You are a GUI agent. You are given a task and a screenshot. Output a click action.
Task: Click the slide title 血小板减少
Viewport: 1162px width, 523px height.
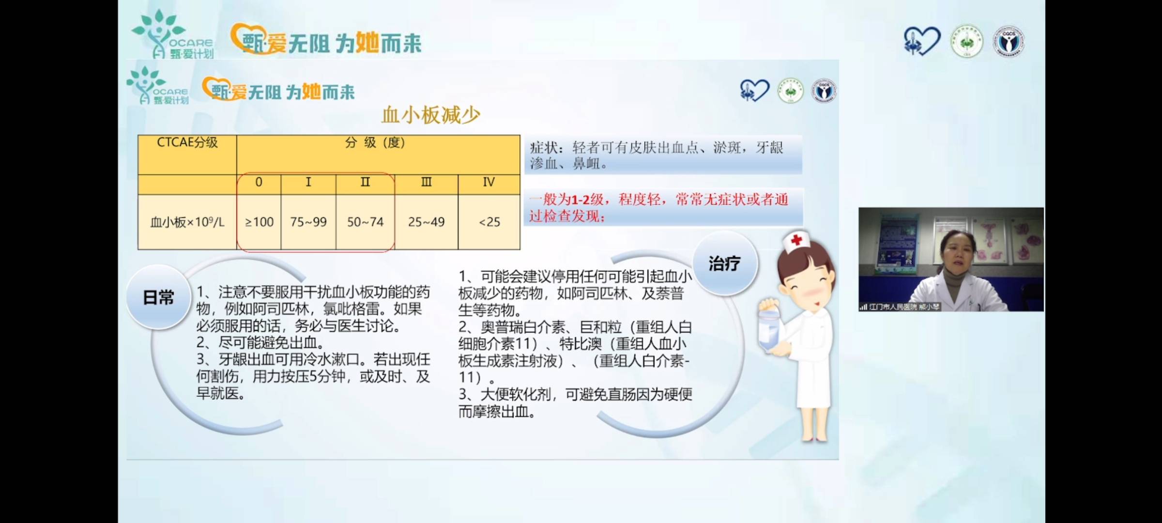point(430,115)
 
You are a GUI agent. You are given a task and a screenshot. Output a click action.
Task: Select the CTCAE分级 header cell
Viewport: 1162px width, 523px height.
point(187,142)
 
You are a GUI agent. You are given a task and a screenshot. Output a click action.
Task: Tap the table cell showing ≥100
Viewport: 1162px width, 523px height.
point(259,222)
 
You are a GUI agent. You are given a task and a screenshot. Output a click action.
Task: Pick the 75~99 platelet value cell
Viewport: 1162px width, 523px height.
point(308,222)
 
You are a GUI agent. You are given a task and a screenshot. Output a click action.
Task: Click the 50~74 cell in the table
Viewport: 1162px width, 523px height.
point(365,222)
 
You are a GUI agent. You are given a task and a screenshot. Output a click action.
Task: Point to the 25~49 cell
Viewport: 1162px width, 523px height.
point(426,222)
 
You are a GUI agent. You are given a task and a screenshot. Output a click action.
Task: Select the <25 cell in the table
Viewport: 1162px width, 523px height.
point(489,222)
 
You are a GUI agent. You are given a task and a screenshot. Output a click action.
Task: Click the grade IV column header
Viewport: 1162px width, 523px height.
point(489,182)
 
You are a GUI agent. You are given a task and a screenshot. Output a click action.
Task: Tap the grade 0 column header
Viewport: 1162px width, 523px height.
point(259,182)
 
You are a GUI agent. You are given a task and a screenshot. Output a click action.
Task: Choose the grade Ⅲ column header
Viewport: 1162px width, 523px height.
point(426,182)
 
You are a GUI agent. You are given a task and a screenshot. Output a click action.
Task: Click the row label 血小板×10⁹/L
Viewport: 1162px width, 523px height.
point(187,222)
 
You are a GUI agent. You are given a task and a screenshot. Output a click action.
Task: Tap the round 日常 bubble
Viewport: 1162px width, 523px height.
point(158,297)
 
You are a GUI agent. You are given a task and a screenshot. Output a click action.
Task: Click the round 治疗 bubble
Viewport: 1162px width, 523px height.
point(724,263)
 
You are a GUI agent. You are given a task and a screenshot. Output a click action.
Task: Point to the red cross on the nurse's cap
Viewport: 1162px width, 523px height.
point(796,240)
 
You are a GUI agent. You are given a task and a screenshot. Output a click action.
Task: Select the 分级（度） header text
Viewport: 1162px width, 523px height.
point(375,142)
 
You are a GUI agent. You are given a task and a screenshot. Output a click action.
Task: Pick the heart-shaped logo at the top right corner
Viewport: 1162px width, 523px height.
point(922,41)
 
